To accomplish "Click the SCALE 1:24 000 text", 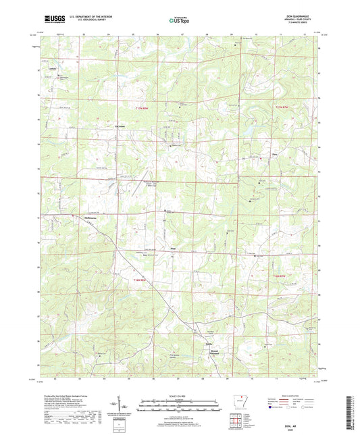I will (180, 396).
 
